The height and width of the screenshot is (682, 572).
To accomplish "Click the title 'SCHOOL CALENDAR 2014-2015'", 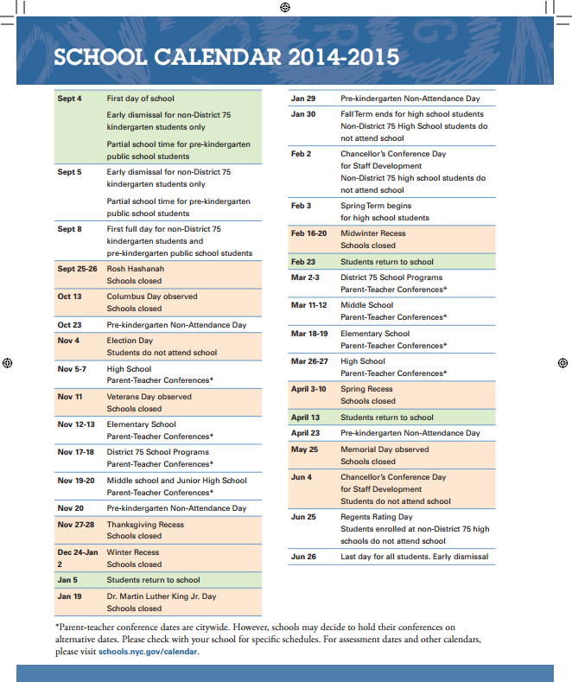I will point(226,57).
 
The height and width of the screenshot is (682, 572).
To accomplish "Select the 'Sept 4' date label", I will point(69,99).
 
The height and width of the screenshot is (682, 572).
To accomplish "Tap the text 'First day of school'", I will point(140,99).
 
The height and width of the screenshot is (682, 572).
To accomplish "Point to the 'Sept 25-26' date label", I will point(77,269).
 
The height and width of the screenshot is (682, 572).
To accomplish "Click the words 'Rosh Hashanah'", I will point(135,269).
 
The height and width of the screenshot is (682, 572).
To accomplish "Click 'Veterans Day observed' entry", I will point(149,397).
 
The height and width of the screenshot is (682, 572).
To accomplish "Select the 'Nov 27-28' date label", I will point(76,525).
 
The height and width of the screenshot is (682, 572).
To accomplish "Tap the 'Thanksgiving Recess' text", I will point(144,525).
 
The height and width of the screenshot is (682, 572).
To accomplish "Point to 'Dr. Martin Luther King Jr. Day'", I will point(161,596).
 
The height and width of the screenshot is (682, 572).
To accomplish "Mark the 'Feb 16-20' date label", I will point(309,233).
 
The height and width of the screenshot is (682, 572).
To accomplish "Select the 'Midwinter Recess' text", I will point(372,233).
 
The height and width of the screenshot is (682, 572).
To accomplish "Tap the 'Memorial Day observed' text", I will point(385,449).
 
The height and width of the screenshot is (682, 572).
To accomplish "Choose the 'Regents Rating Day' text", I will point(377,517).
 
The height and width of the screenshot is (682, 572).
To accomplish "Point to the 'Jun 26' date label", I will point(303,557).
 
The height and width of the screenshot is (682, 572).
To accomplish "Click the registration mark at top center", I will point(286,8).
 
